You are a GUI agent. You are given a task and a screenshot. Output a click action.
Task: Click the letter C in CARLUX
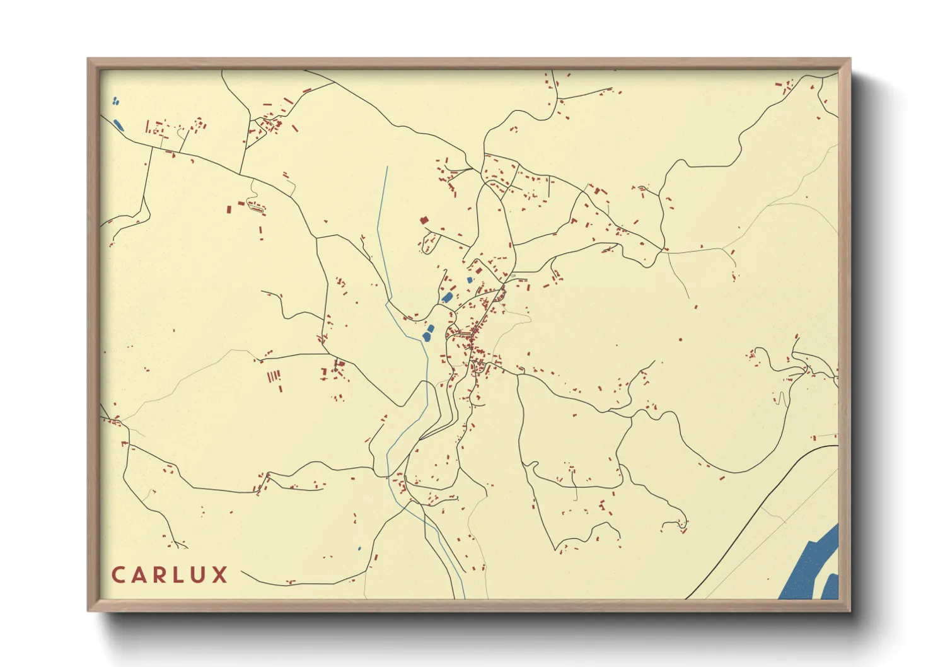click(119, 575)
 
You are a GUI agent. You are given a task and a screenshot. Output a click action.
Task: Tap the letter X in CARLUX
click(220, 575)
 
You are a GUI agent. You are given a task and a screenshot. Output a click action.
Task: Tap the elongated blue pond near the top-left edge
click(118, 125)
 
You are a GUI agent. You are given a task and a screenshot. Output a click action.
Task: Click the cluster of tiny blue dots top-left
click(115, 101)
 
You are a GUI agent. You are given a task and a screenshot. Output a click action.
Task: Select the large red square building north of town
click(424, 221)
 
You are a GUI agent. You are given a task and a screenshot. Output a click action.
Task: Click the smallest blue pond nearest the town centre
click(469, 280)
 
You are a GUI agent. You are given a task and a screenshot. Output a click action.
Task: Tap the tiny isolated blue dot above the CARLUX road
click(359, 548)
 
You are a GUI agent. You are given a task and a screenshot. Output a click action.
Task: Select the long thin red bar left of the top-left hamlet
click(147, 127)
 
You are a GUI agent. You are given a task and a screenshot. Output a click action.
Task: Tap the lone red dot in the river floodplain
click(680, 340)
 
